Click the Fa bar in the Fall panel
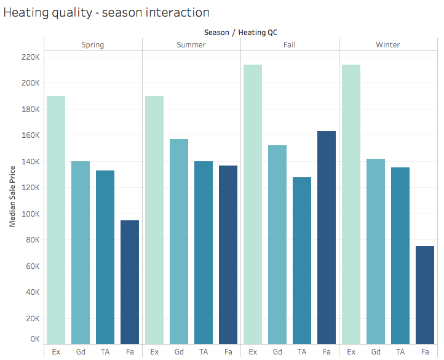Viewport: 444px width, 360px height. [x=327, y=238]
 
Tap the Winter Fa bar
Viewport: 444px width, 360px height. [x=425, y=295]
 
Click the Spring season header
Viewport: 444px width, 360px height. [x=93, y=45]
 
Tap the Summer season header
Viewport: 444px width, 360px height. [x=191, y=45]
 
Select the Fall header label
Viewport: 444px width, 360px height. [x=290, y=45]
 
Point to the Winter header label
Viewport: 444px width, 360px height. [x=388, y=45]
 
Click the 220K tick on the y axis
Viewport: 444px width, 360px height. [x=29, y=57]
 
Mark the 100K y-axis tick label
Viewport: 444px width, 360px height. [x=29, y=214]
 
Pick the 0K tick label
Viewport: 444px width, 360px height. [x=33, y=339]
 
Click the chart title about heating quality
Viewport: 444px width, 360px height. [x=106, y=12]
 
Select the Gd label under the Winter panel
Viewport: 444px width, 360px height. [x=376, y=351]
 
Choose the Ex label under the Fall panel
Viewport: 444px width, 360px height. [x=253, y=351]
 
